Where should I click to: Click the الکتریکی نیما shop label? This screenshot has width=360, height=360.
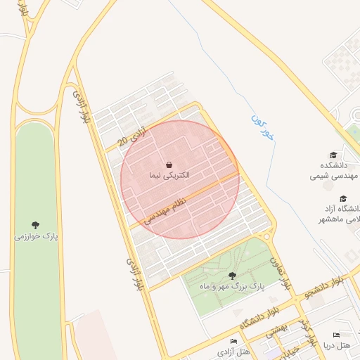(169, 174)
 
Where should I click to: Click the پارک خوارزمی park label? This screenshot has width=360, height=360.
(36, 236)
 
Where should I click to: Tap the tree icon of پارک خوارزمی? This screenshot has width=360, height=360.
(36, 225)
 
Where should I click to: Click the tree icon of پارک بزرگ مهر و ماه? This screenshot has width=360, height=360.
(233, 276)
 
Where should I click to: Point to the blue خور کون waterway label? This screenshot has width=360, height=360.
(262, 127)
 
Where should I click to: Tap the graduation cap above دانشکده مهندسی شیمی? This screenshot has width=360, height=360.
(333, 155)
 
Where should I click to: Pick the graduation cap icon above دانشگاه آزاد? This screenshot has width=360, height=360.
(343, 199)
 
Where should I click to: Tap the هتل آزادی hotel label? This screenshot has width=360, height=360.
(233, 351)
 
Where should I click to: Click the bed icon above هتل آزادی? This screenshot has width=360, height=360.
(233, 341)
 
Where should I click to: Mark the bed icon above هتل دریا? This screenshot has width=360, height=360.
(336, 335)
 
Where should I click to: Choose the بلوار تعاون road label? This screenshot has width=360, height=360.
(279, 273)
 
